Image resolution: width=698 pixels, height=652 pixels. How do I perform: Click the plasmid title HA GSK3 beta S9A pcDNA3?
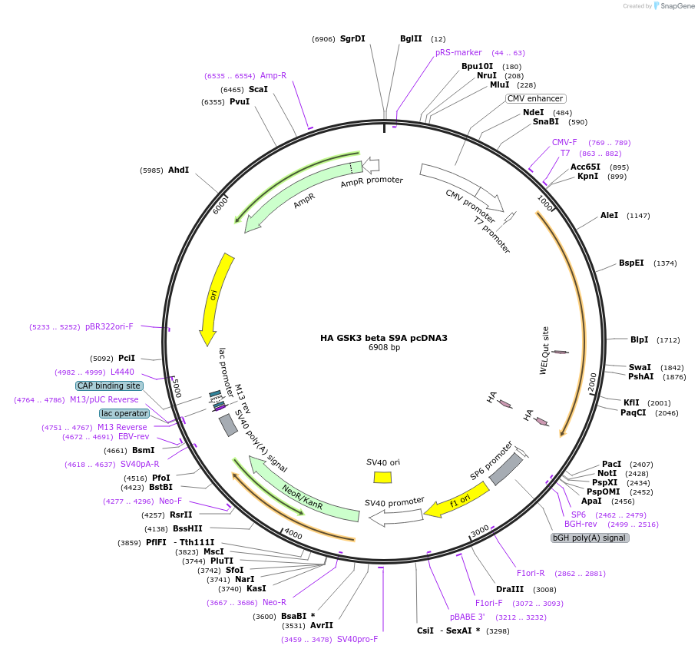pos(383,337)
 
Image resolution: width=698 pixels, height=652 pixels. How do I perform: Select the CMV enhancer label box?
pos(535,98)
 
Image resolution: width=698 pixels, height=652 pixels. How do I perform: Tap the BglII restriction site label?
pos(411,38)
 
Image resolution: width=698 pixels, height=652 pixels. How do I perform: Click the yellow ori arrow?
pos(213,299)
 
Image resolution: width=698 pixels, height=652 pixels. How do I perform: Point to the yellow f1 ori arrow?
pos(458,501)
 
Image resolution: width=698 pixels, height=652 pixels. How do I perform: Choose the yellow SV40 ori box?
pos(382,477)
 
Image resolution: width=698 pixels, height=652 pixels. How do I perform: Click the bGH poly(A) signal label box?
pos(590,538)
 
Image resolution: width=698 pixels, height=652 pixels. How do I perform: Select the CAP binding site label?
pos(108,386)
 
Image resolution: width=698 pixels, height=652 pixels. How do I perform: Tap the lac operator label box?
pos(124,413)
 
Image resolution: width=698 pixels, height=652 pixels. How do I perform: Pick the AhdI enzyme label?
pos(178,170)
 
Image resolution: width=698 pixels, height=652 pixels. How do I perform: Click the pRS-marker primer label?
pos(458,52)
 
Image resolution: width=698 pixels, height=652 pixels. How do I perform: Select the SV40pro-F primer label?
pos(357,639)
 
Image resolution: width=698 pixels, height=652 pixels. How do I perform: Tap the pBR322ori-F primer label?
pos(109,326)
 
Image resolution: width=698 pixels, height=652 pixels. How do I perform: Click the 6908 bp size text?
pos(384,347)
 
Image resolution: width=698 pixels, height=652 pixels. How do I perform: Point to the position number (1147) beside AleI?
pos(638,216)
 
